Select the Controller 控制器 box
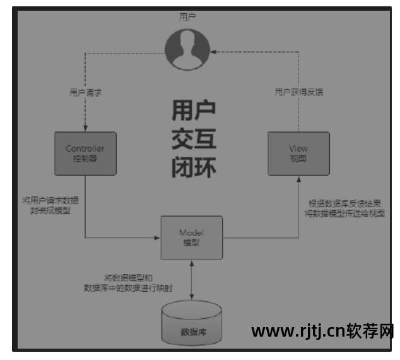85,153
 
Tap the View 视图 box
298,153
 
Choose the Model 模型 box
192,237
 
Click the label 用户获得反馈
299,92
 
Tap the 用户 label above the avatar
187,17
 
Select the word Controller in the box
85,149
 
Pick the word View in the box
298,149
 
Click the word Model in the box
192,233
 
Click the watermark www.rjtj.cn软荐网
323,332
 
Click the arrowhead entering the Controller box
85,129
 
